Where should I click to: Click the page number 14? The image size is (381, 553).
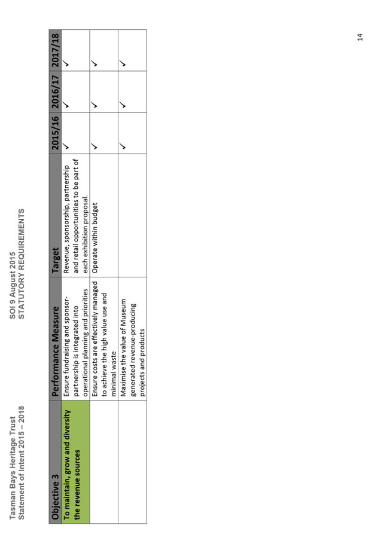(360, 37)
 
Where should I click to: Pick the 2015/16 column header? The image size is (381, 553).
(55, 133)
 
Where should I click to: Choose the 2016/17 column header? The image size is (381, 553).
(55, 91)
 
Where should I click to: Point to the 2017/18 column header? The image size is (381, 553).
(55, 50)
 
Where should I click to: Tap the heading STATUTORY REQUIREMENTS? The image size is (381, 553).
(22, 264)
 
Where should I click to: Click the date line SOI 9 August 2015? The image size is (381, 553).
(13, 285)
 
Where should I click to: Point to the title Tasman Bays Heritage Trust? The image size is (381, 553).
(13, 468)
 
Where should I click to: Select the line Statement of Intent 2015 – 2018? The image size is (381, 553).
(22, 463)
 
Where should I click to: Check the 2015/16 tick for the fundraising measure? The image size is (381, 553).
(66, 146)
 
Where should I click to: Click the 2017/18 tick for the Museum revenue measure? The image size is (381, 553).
(123, 63)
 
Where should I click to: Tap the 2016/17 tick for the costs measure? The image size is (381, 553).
(94, 105)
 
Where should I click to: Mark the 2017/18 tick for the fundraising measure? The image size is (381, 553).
(66, 63)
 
